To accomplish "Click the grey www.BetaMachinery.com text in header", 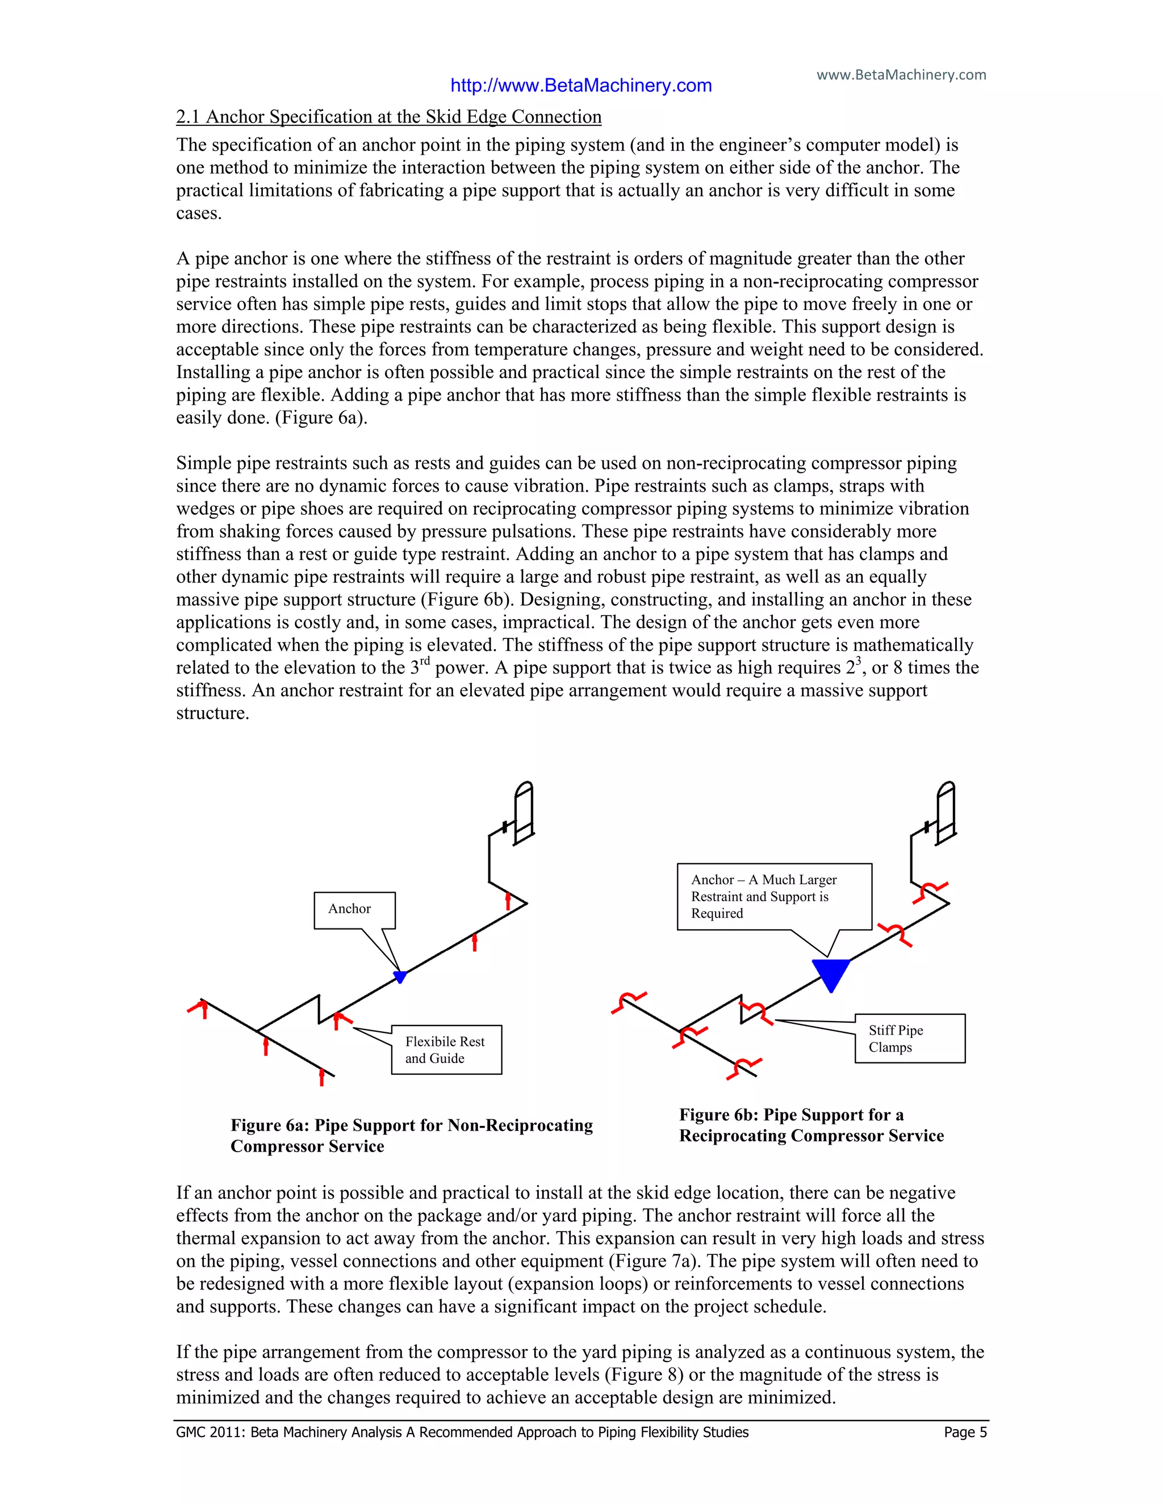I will point(901,74).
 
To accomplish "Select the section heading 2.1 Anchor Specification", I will point(388,117).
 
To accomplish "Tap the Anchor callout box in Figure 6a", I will point(354,910).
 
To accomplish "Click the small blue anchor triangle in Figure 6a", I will point(400,976).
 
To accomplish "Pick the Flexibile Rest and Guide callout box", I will point(446,1049).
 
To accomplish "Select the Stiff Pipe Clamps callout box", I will point(910,1039).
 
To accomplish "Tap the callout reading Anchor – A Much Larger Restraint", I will point(774,897).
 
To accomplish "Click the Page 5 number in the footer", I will point(965,1432).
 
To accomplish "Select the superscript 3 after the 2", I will point(859,661).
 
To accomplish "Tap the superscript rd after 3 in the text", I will point(424,661).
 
